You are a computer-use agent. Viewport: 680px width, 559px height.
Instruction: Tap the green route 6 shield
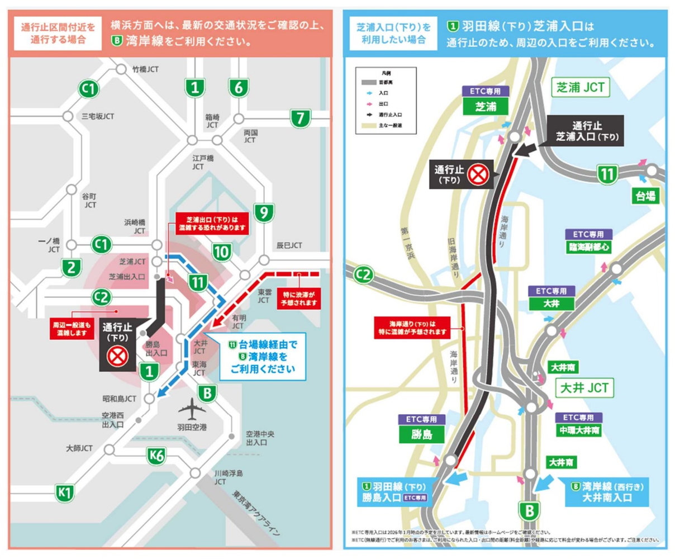point(238,87)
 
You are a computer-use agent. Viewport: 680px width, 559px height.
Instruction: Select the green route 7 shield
point(300,118)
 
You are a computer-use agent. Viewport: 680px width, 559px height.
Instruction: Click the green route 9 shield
point(264,212)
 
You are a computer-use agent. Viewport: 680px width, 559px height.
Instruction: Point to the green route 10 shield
point(222,252)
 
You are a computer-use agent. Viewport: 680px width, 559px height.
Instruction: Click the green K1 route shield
point(65,492)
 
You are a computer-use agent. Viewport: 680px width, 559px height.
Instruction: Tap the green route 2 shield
point(71,268)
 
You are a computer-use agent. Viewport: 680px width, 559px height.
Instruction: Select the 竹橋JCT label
point(145,69)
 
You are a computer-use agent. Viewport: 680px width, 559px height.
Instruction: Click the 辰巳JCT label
point(289,245)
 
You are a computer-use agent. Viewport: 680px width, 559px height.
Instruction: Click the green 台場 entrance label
point(645,196)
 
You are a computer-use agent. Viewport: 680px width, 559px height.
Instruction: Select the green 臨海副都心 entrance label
point(589,247)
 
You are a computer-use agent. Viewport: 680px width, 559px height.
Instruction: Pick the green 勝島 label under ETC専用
point(422,434)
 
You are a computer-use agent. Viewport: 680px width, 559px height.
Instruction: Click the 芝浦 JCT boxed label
point(581,87)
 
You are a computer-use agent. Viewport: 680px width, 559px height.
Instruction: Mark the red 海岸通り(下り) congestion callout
point(412,328)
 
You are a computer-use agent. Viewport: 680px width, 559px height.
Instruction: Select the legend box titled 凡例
point(386,101)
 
